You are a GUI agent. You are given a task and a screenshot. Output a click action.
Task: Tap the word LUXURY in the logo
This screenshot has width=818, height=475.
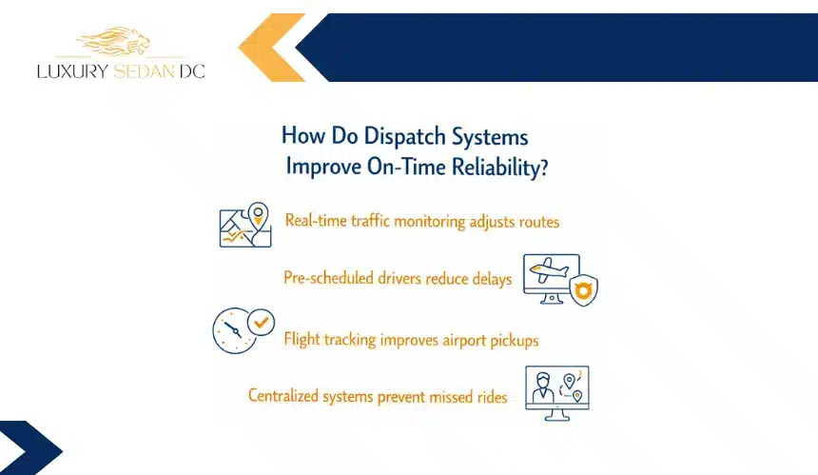[72, 71]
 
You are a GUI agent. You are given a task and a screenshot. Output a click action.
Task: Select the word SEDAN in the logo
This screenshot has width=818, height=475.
[144, 71]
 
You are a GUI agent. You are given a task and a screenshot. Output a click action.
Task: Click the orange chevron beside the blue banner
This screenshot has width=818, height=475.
[271, 48]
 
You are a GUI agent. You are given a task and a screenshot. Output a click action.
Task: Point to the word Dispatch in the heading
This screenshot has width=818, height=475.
[405, 137]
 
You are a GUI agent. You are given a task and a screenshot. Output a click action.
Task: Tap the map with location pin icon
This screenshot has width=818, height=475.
[245, 225]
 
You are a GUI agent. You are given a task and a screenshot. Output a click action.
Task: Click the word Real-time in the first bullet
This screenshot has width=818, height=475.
[316, 220]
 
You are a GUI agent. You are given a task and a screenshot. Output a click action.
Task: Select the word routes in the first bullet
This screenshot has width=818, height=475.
[539, 222]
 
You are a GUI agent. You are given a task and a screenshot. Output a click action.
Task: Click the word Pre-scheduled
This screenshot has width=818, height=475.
[329, 278]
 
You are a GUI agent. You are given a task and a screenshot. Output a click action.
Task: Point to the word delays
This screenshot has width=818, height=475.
[492, 279]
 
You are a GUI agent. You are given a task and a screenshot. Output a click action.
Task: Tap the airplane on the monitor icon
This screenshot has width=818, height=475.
[548, 269]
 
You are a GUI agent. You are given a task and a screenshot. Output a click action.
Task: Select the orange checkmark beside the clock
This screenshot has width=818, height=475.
[261, 322]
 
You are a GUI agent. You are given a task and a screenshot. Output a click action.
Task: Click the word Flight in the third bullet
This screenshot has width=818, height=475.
[302, 340]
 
